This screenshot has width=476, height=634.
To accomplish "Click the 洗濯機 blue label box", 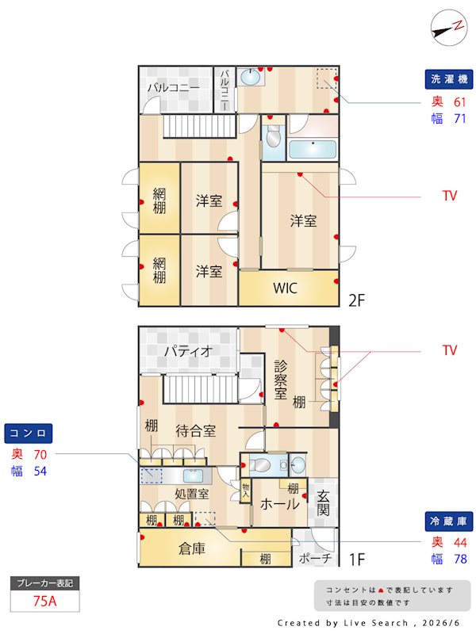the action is tap(449, 79).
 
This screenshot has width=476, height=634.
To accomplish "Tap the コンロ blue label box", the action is tap(29, 433).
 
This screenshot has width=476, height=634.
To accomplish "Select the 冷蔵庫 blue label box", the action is tap(449, 521).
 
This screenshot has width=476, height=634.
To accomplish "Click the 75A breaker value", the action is tap(45, 601).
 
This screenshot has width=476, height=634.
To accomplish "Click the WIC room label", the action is tap(285, 288).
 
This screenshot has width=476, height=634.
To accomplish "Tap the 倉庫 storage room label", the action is tap(192, 548).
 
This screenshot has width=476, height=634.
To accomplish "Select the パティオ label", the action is tap(189, 351).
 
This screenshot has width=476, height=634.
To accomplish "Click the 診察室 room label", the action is tap(281, 380).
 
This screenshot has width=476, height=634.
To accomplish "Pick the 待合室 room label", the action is tap(195, 431).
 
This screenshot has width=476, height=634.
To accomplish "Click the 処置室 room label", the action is tap(192, 494).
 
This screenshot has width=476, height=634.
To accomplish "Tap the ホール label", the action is tap(280, 504).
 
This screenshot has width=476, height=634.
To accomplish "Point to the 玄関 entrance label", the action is tap(323, 502).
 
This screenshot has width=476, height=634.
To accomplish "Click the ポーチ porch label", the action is tap(315, 559).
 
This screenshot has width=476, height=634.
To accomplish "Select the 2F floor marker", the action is tap(356, 300).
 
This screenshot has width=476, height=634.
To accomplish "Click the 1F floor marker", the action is tap(356, 560).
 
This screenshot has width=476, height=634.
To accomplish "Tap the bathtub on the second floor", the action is tap(313, 150).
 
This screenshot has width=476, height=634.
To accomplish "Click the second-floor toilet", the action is tap(273, 136).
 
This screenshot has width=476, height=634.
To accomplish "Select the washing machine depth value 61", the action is tap(460, 102).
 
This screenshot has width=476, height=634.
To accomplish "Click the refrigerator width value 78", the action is tap(461, 560).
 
